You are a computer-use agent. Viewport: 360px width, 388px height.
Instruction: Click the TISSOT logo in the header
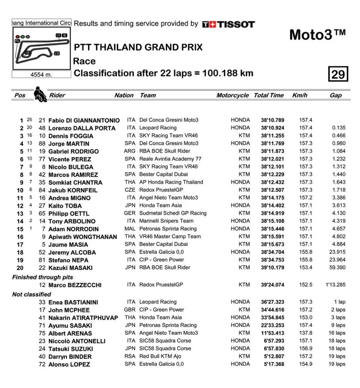tap(228, 24)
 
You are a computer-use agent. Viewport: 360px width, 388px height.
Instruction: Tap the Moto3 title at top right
tap(317, 35)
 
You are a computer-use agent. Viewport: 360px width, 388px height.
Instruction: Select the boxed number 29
tap(338, 74)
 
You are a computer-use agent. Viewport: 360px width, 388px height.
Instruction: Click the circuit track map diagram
tap(41, 48)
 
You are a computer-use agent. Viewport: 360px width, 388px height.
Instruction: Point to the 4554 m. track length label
tap(41, 75)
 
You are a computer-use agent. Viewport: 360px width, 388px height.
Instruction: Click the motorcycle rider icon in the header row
tap(40, 94)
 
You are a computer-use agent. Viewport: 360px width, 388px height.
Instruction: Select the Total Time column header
tap(269, 95)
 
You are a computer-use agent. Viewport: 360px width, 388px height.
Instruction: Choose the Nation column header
tap(124, 95)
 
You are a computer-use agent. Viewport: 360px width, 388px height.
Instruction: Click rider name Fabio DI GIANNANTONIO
tap(84, 120)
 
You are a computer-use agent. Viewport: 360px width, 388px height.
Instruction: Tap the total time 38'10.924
tap(272, 128)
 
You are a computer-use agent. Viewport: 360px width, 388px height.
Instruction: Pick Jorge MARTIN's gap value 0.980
tap(339, 143)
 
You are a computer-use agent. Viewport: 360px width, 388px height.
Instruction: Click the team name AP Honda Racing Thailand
tap(171, 182)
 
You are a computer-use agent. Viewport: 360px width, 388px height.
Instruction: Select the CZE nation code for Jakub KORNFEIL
tap(130, 190)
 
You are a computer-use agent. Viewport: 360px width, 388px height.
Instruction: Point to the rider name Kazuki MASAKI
tap(70, 268)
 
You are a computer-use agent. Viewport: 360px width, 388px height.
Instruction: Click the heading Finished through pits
tap(43, 277)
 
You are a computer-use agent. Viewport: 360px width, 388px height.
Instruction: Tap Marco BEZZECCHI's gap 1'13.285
tap(335, 285)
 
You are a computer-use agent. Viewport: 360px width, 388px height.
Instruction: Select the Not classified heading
tap(32, 294)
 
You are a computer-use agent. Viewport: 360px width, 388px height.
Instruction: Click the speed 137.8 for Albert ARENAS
tap(305, 333)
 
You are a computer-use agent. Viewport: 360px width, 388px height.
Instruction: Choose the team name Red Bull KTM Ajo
tap(160, 356)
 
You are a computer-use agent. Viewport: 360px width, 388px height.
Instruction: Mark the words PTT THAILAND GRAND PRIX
tap(138, 47)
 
